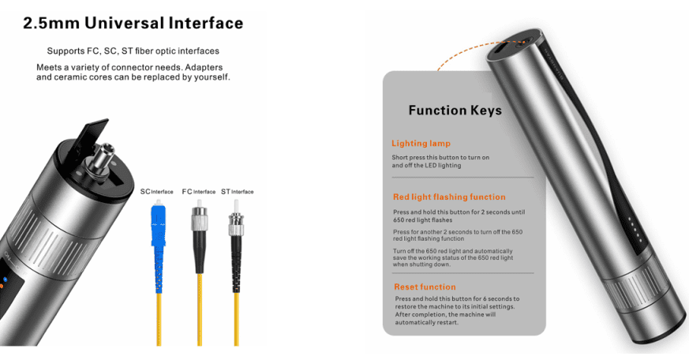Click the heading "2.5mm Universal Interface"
[133, 24]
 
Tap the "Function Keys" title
[455, 111]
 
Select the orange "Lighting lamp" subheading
[421, 144]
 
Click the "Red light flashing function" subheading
[449, 197]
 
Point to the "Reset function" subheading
[425, 287]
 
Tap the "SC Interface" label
[156, 192]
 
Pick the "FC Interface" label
[198, 192]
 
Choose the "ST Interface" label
[237, 192]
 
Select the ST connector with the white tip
[234, 225]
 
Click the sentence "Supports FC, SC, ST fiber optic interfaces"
[133, 51]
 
